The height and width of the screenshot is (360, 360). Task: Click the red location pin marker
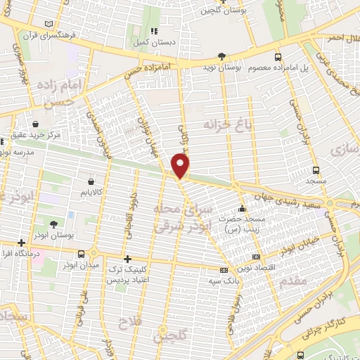coord(181,166)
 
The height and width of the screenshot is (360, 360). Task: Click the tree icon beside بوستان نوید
coord(222,57)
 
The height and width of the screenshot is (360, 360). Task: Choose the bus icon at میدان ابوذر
coord(83,254)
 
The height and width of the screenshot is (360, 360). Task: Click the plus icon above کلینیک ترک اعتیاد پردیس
coord(127,258)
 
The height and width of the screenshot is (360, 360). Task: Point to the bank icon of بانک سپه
coord(224,271)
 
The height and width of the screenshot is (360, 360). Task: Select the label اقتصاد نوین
coord(276,269)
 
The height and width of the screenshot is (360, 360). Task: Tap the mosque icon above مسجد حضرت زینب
coord(242,208)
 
